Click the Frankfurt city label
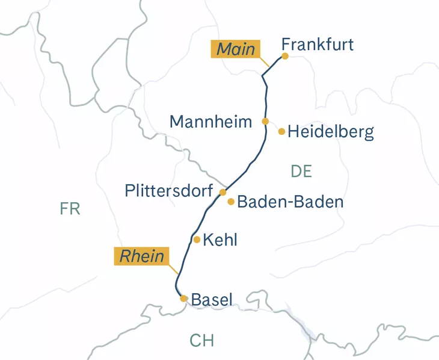pos(317,45)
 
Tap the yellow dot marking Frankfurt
pos(285,56)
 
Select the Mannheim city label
pos(210,122)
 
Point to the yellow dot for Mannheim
pos(265,121)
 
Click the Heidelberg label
pos(330,132)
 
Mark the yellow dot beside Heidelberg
pos(281,131)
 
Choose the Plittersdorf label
pos(168,191)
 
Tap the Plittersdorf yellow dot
pos(223,192)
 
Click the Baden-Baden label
pos(290,202)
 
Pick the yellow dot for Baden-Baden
pos(231,202)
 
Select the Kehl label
pos(220,240)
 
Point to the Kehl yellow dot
pos(197,240)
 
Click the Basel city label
pos(211,299)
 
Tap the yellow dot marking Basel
pos(183,298)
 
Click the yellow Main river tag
pos(235,49)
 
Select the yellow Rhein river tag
pos(142,256)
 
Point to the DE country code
pos(301,171)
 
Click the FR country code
pos(70,209)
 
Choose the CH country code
pos(202,340)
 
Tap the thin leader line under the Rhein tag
pos(174,271)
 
